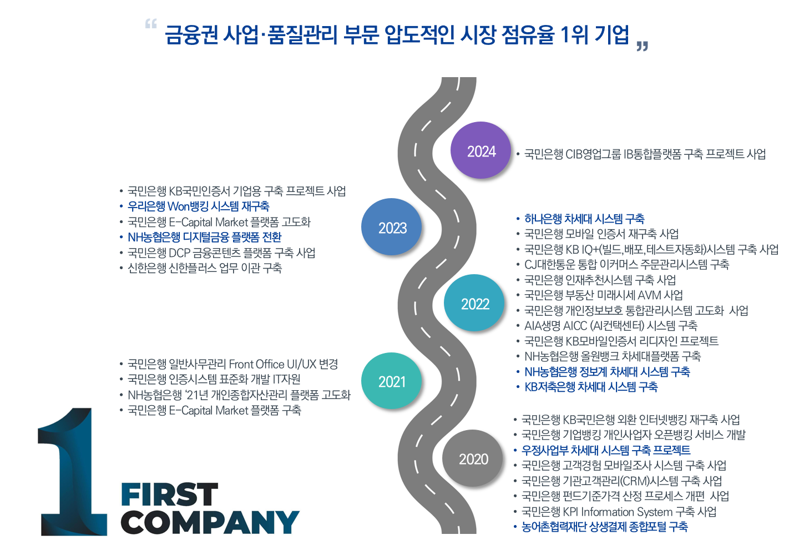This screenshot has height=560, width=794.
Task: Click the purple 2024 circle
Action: [481, 150]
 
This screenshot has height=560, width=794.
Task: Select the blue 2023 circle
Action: [392, 227]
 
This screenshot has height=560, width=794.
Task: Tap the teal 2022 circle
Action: [474, 303]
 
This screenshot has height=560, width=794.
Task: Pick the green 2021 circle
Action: [392, 381]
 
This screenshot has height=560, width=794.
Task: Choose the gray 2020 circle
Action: [473, 458]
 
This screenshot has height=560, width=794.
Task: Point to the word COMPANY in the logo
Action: [210, 522]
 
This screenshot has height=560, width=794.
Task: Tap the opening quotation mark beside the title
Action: [150, 24]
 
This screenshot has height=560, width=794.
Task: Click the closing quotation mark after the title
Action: [642, 46]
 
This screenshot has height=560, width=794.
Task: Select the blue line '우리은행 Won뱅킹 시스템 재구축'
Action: [198, 206]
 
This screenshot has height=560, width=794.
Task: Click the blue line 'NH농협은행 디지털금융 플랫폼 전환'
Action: [204, 238]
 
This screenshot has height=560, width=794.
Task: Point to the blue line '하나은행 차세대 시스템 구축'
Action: [584, 219]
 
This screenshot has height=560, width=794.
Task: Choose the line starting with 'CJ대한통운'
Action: [626, 265]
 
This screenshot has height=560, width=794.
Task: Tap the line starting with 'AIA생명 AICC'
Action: [610, 326]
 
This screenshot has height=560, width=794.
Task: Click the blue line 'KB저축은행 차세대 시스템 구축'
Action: [591, 387]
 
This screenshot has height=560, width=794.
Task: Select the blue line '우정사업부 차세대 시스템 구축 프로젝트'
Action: [606, 450]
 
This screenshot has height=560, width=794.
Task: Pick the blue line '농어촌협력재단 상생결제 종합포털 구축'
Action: [604, 527]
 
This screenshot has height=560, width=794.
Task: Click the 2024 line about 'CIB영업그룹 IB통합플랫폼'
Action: [645, 154]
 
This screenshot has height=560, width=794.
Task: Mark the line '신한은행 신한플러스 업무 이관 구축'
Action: [205, 268]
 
